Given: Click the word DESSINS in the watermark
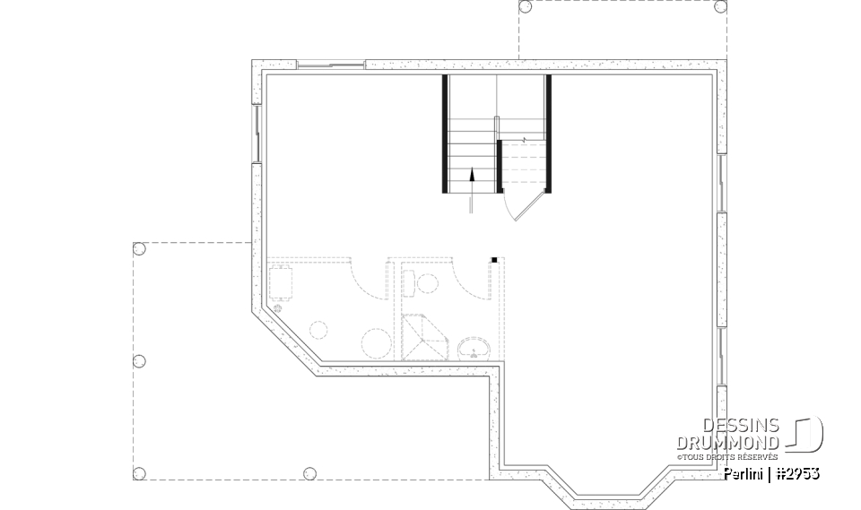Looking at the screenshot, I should [x=741, y=426].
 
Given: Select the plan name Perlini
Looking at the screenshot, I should [x=744, y=473].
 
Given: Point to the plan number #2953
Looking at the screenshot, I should [x=797, y=473].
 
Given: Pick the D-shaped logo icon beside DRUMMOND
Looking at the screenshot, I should [x=806, y=434].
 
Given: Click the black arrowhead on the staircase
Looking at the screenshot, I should [x=472, y=176].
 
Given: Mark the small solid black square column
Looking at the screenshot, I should [x=493, y=260].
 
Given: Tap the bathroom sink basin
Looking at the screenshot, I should [x=472, y=348].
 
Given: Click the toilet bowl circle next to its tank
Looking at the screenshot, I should [x=427, y=283].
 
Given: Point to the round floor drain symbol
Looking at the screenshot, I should [x=277, y=308].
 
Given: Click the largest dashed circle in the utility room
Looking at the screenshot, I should [x=377, y=343].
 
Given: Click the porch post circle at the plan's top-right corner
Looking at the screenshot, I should [x=719, y=6].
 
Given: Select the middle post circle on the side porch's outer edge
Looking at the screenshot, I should [x=139, y=361].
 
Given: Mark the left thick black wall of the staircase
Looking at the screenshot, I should [x=445, y=134].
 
